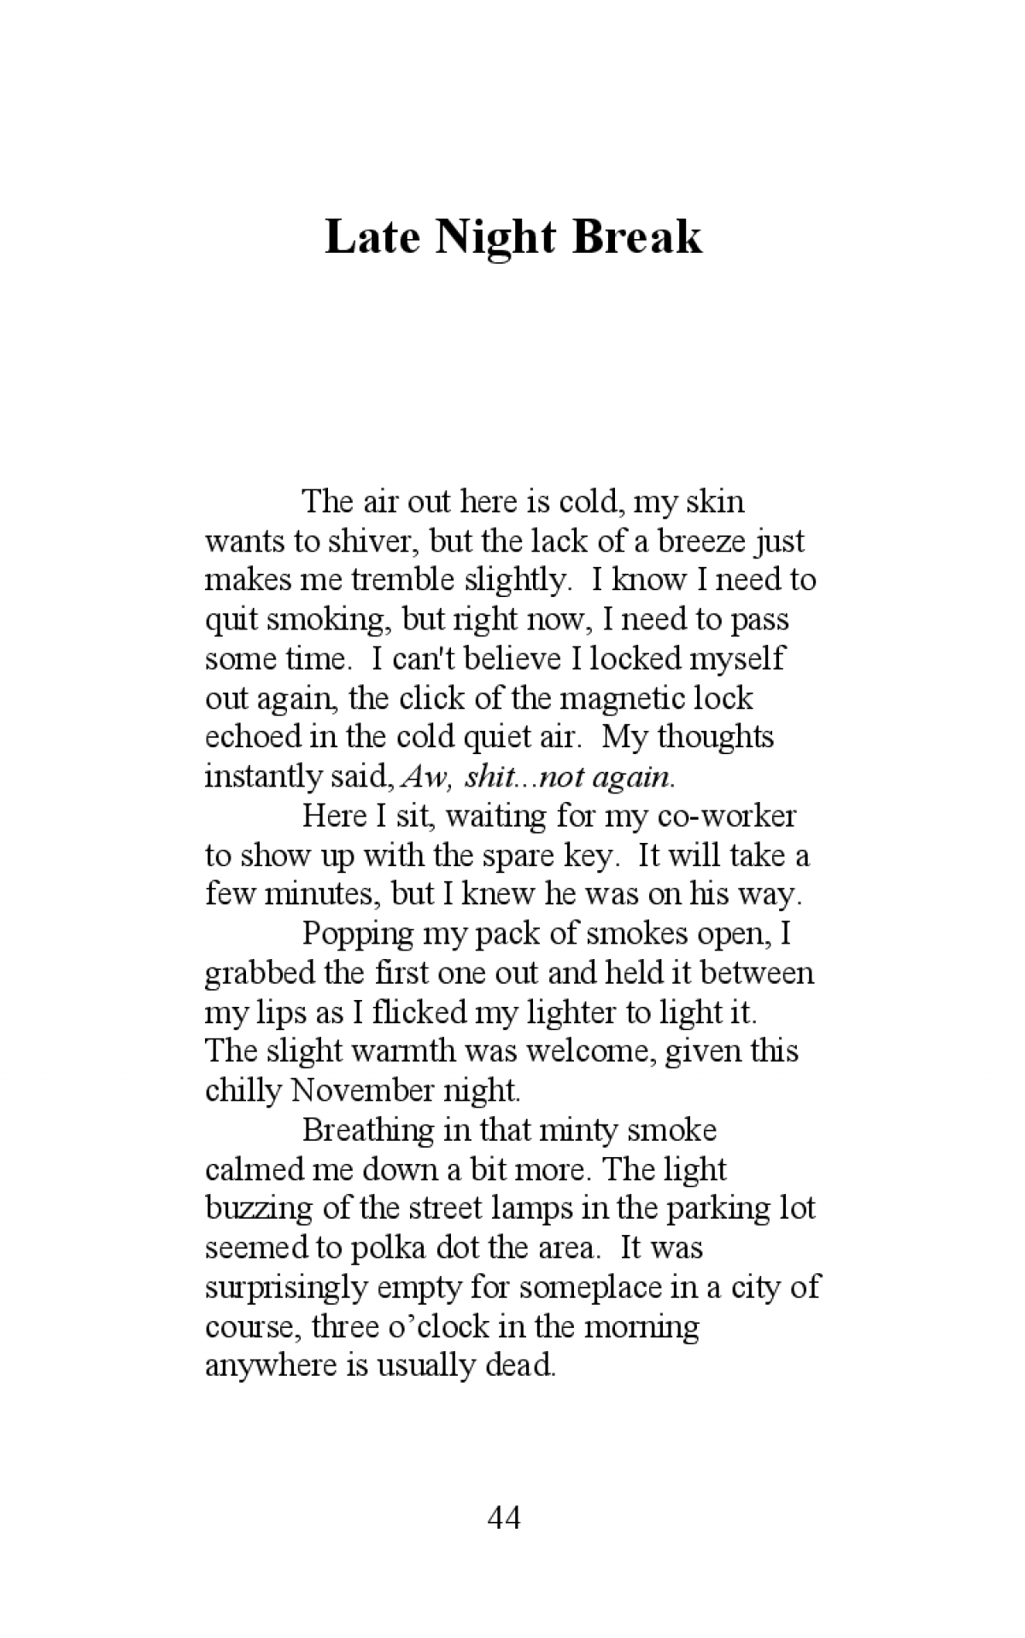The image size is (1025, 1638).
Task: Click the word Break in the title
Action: (x=637, y=237)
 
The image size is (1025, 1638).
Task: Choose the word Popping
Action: (x=358, y=933)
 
